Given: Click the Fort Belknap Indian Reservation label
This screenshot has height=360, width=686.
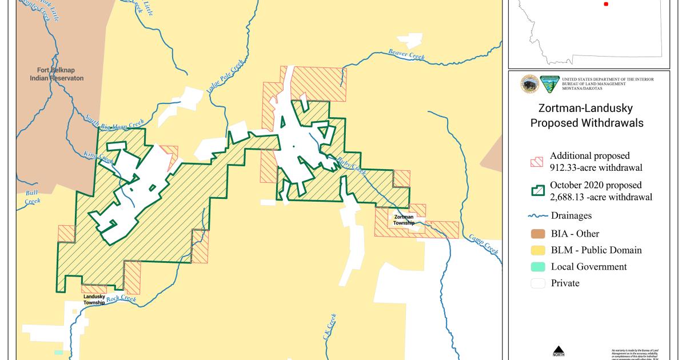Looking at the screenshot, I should [57, 74].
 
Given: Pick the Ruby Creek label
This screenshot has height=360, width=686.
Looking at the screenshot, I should [350, 165].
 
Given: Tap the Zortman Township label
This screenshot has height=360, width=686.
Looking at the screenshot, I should [404, 220].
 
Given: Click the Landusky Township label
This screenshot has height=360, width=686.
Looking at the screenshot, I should [94, 299].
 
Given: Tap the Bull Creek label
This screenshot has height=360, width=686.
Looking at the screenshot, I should [32, 197].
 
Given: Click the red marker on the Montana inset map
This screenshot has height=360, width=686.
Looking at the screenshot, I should [606, 3].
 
